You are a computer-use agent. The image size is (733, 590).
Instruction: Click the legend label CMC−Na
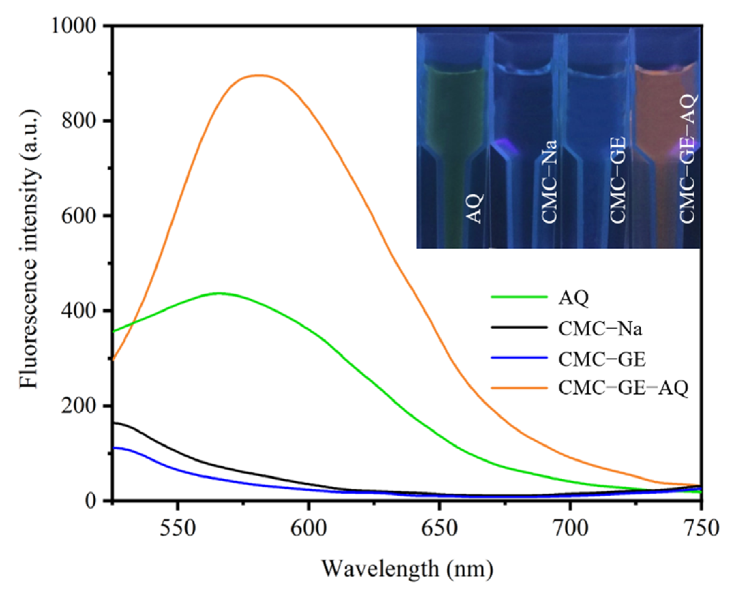[600, 330]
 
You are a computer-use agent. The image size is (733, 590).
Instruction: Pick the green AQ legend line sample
[519, 297]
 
